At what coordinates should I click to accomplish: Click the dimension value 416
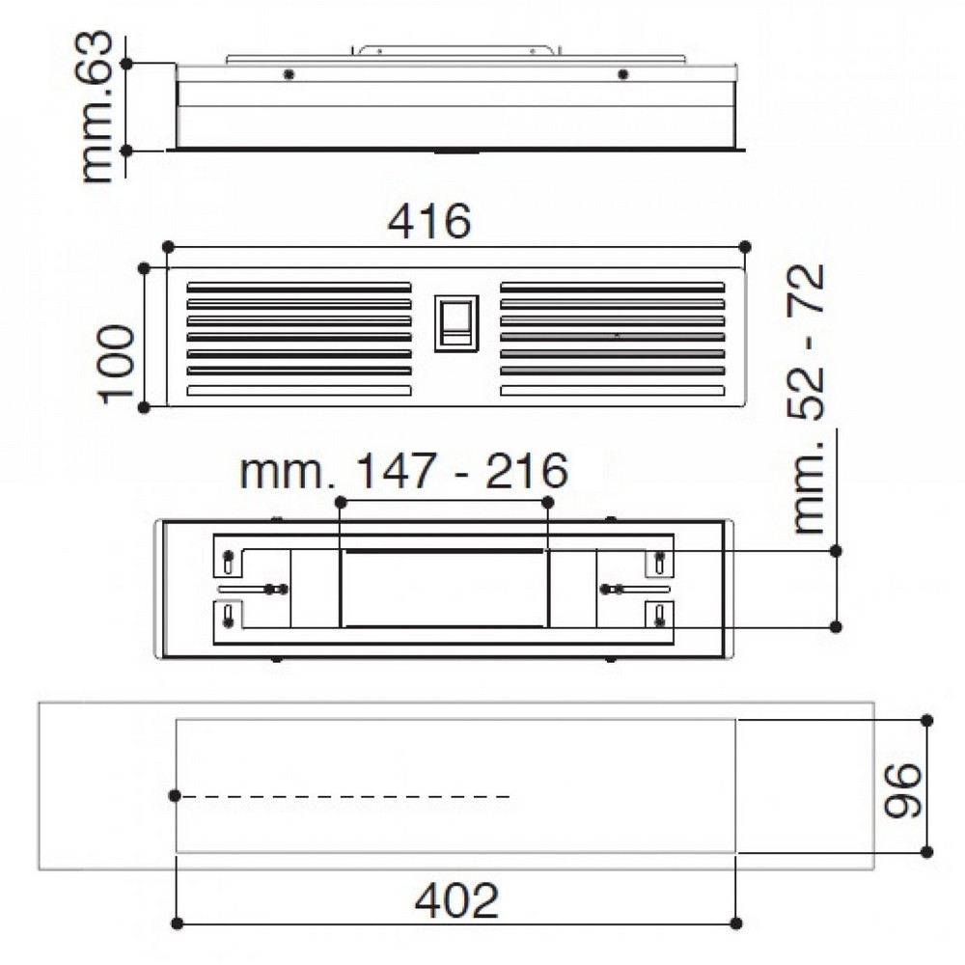[429, 222]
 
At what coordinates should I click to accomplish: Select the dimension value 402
[456, 899]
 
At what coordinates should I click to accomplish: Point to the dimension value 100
[116, 362]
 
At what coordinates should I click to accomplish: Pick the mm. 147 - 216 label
[403, 473]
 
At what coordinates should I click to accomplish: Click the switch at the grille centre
[455, 322]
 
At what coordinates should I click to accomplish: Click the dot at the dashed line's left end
[175, 795]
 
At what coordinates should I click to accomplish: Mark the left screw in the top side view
[288, 74]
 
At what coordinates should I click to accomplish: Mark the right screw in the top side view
[622, 74]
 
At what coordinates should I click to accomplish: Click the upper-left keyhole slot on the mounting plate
[228, 560]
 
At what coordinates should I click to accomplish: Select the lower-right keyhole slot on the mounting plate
[659, 616]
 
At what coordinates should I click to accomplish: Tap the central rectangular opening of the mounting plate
[444, 588]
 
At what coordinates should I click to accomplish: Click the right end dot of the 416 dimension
[744, 247]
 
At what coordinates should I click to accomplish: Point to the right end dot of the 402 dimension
[735, 923]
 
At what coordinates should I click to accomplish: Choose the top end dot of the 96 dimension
[926, 720]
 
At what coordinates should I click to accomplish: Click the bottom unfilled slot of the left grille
[298, 391]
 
